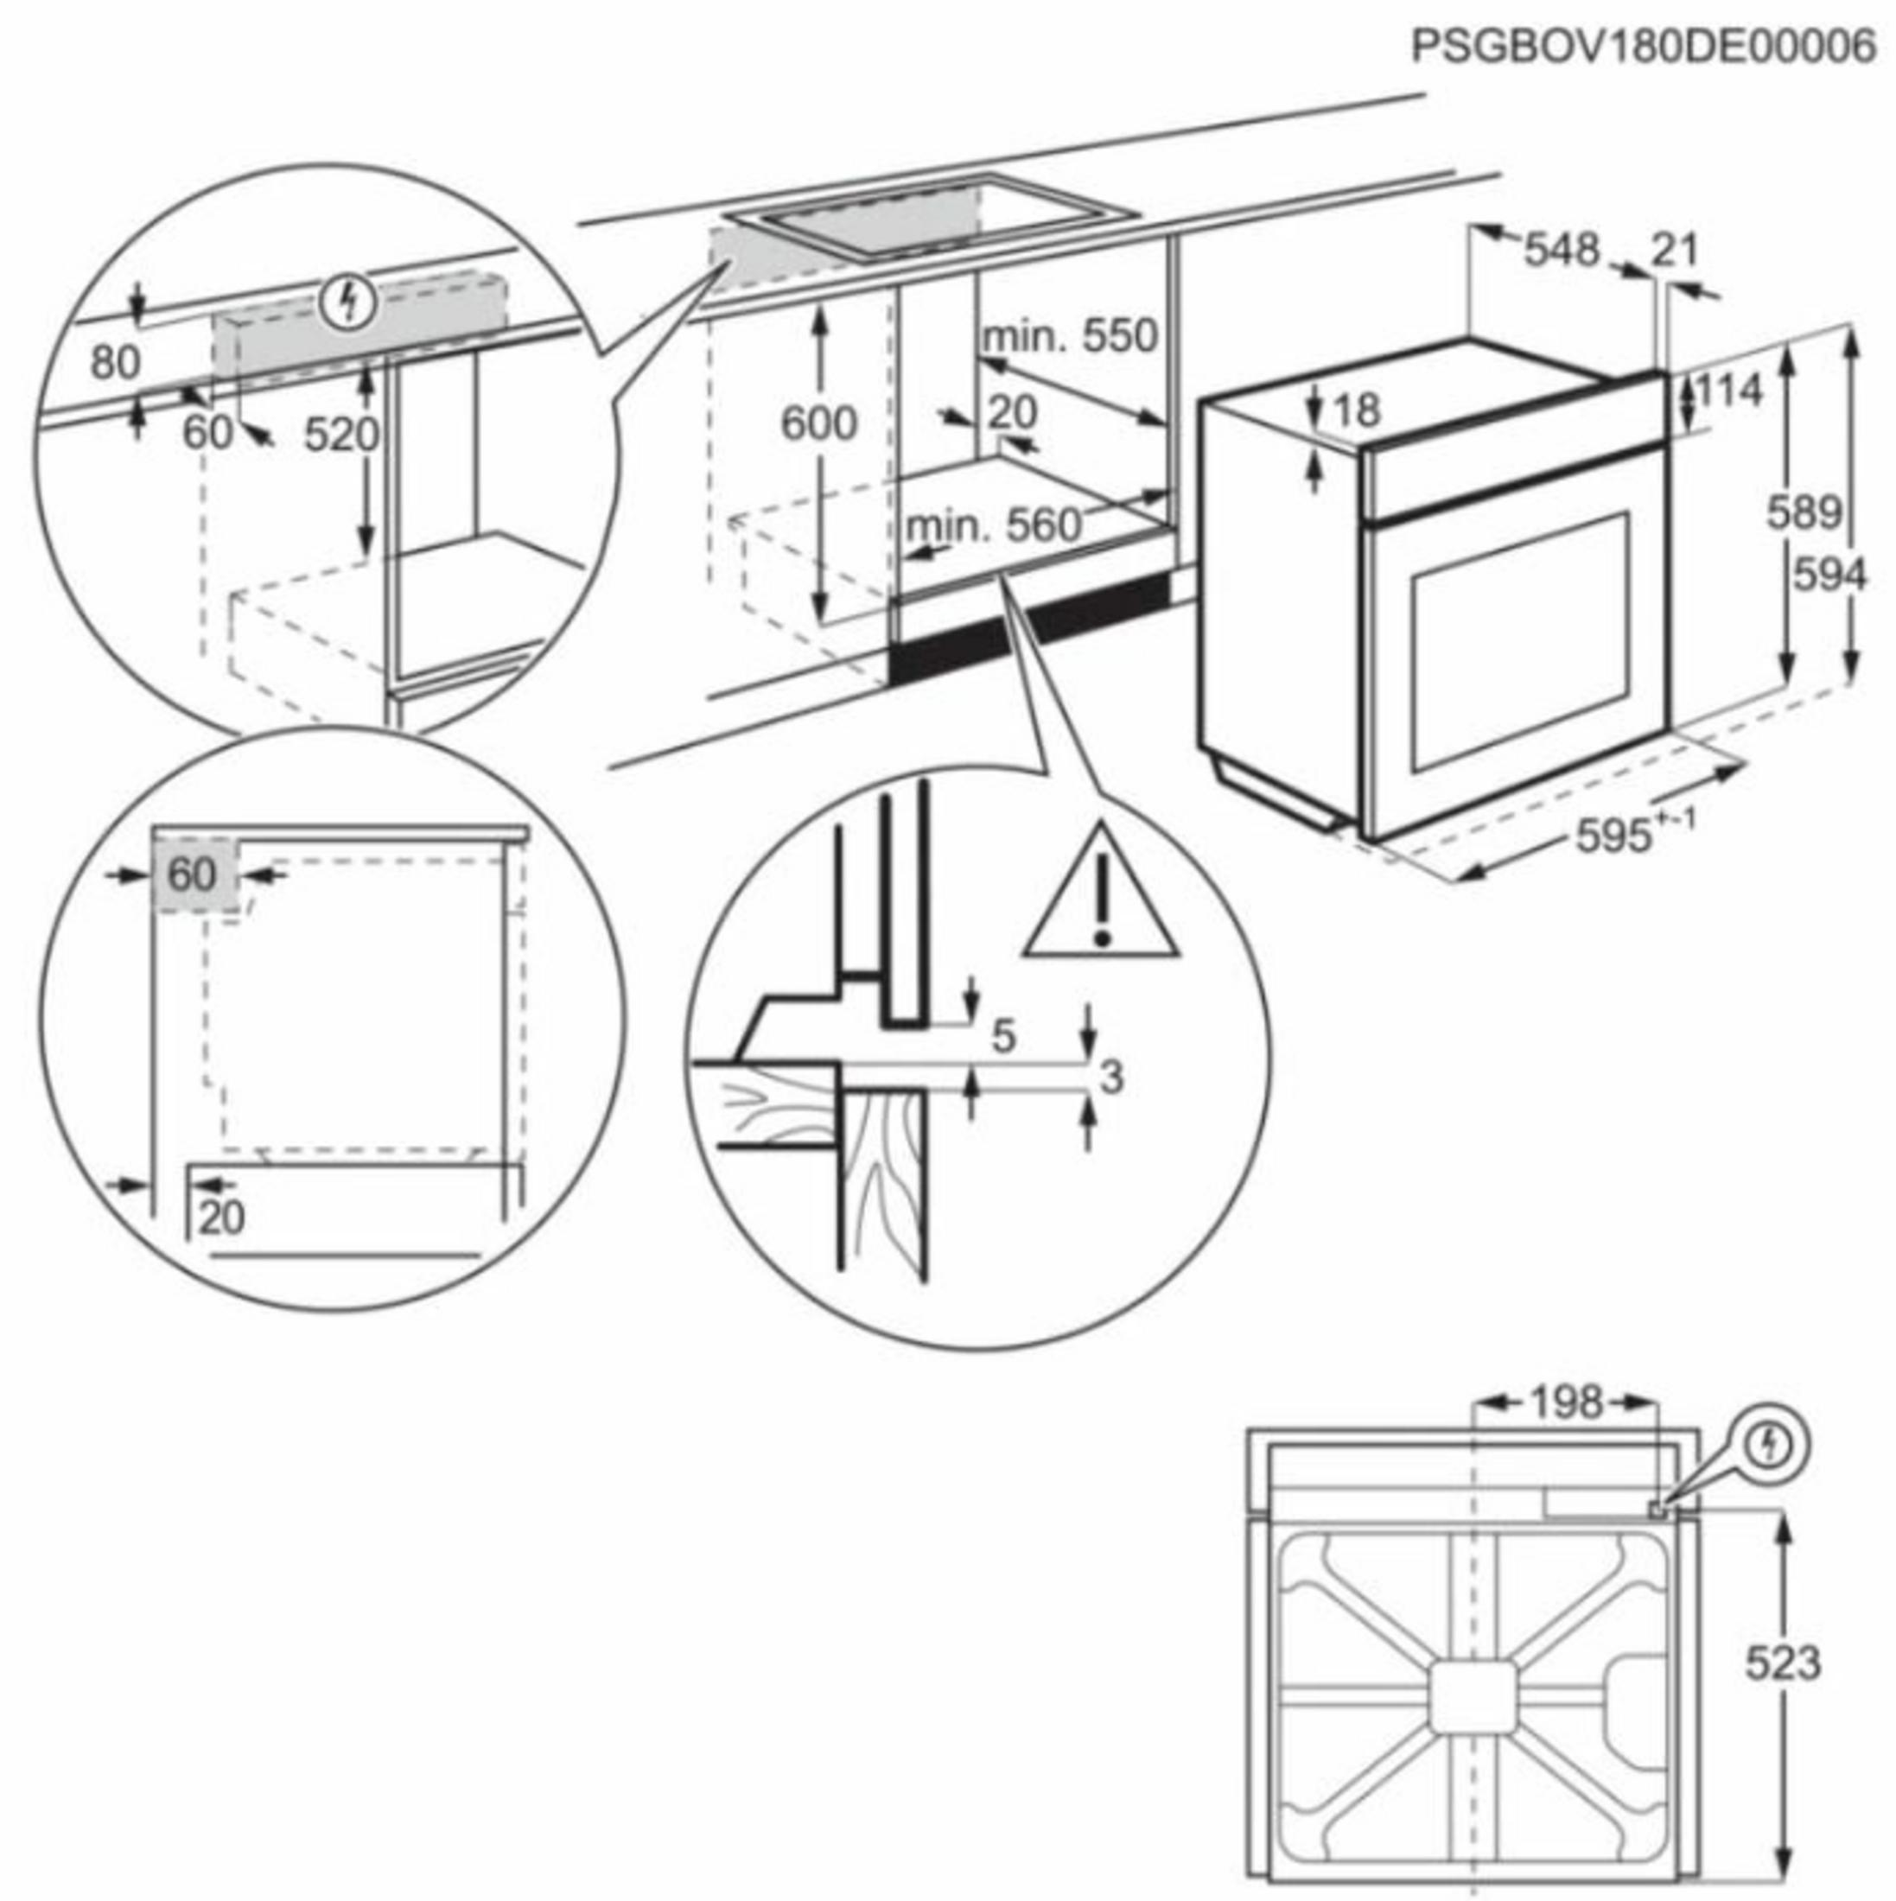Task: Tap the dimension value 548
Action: tap(1562, 250)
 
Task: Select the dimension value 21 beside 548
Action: tap(1675, 250)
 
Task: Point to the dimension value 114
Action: tap(1728, 391)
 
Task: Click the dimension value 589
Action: tap(1803, 512)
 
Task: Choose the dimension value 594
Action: tap(1828, 575)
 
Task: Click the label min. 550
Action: tap(1071, 336)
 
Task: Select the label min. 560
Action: tap(992, 526)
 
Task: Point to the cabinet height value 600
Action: tap(818, 423)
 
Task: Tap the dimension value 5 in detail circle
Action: tap(1002, 1036)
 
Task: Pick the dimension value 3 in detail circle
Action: tap(1110, 1078)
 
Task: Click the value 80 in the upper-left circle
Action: tap(115, 363)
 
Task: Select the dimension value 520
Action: tap(340, 434)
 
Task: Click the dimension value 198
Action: tap(1564, 1402)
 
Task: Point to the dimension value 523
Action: tap(1783, 1663)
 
